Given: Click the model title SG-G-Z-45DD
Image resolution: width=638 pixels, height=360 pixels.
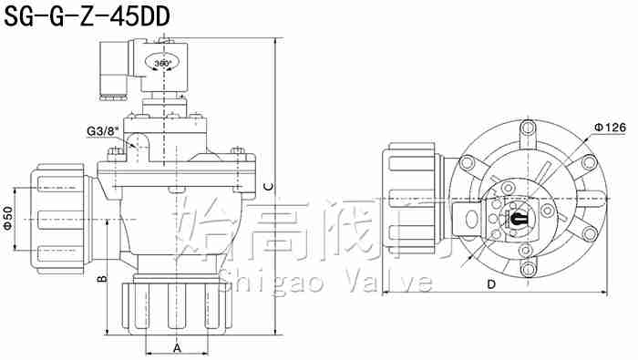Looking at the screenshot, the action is tap(87, 17).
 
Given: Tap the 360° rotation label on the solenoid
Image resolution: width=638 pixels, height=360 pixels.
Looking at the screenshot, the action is tap(163, 63).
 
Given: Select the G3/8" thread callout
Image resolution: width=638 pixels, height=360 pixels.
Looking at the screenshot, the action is tap(102, 131).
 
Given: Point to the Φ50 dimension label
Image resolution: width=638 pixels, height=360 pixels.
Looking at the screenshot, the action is tap(8, 219).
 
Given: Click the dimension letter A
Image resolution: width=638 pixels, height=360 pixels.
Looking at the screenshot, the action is tap(177, 348).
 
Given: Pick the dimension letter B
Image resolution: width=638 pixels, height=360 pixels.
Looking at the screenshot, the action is tap(102, 279).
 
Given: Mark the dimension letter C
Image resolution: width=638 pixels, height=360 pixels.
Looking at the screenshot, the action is tap(269, 187).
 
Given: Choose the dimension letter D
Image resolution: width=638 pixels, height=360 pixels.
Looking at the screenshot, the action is tap(491, 284).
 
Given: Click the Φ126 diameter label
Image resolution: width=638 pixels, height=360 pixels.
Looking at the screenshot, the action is tap(610, 128).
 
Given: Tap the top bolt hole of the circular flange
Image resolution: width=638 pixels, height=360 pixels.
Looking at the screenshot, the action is tap(528, 128).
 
